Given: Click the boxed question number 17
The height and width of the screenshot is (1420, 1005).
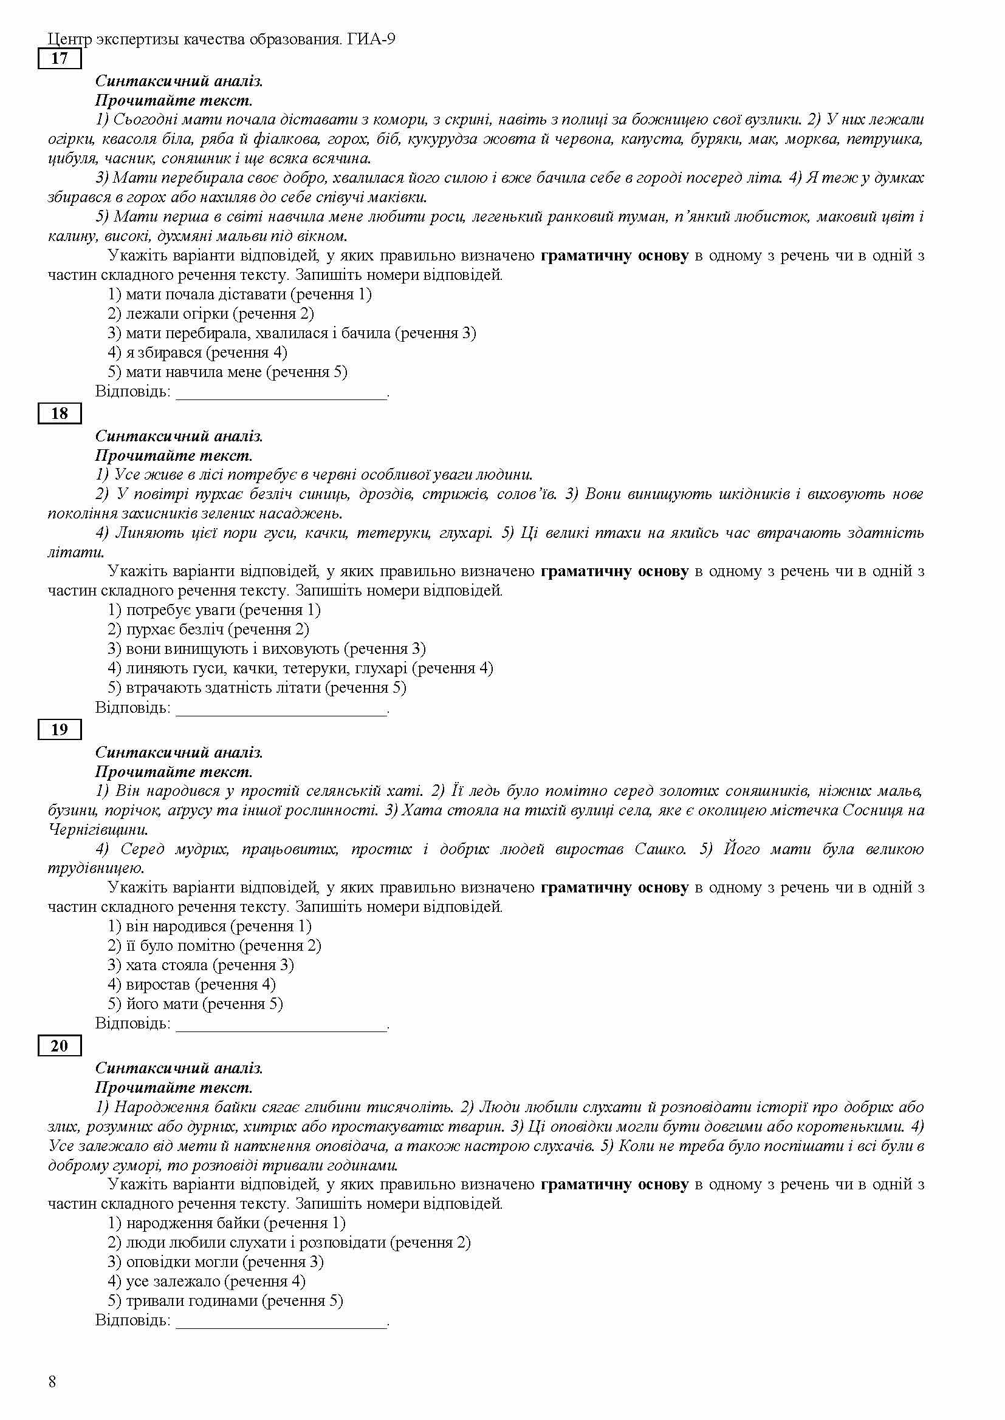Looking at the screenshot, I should click(x=60, y=59).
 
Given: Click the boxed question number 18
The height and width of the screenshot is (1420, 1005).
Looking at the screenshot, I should click(x=60, y=414).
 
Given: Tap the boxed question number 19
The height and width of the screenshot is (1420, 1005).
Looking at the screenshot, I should click(x=60, y=730).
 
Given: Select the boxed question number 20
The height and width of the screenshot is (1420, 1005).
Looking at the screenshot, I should click(x=60, y=1046).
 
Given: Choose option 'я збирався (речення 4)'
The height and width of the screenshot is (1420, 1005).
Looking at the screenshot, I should click(x=197, y=353).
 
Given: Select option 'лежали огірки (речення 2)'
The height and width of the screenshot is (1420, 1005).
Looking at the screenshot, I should click(x=210, y=313).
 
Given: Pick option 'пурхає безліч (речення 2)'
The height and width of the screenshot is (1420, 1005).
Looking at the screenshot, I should click(x=208, y=629).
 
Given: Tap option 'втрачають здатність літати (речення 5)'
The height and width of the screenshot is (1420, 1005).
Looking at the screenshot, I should click(x=257, y=687).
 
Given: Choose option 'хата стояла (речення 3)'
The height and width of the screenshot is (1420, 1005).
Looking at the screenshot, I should click(x=201, y=965).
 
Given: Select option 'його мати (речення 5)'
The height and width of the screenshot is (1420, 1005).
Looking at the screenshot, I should click(x=195, y=1003).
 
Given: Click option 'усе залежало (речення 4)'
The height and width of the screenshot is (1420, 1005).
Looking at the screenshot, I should click(x=207, y=1281).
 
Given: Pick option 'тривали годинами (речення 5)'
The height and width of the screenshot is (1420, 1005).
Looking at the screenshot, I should click(x=225, y=1300).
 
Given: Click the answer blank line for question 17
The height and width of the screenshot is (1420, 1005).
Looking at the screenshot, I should click(x=281, y=394).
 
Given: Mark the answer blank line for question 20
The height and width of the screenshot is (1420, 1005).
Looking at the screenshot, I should click(x=281, y=1323).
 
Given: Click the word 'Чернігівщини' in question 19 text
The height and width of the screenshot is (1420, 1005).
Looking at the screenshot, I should click(x=98, y=829).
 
